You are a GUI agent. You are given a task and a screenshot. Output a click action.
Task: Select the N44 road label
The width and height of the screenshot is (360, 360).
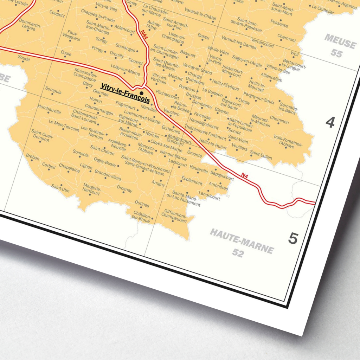(144, 36)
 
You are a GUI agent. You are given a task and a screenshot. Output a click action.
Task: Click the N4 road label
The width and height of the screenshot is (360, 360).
(245, 175)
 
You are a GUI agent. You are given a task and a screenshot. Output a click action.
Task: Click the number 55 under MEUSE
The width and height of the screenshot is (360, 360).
(336, 53)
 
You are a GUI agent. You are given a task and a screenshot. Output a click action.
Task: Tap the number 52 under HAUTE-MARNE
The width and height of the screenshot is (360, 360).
(238, 253)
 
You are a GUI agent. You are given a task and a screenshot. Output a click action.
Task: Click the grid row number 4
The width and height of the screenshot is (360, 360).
(330, 123)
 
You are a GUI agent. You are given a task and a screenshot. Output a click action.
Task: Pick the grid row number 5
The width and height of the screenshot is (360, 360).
(293, 239)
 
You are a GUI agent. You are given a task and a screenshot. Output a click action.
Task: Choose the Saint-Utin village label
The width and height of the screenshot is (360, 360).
(60, 188)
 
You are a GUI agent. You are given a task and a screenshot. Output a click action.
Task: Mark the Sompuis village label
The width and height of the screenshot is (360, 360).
(53, 91)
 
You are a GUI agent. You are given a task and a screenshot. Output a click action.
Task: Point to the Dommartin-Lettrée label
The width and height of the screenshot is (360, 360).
(30, 26)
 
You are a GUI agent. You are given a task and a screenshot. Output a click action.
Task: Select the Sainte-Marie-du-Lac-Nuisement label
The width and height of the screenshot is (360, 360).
(186, 199)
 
